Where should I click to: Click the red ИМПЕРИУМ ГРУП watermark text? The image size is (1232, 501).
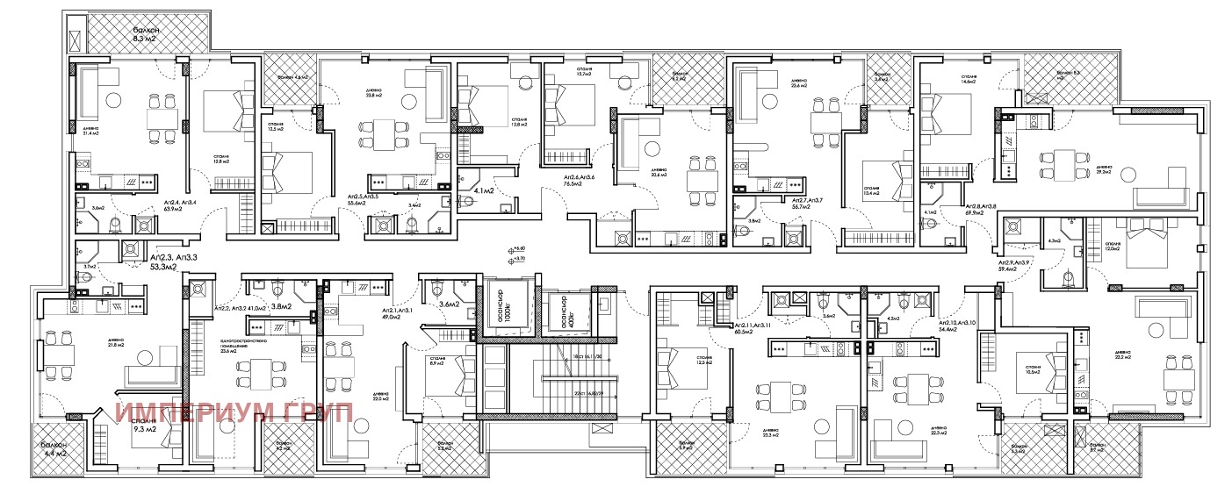tap(235, 412)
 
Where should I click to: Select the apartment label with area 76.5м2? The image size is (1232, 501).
tap(580, 181)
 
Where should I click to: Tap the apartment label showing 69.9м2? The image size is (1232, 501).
tap(982, 209)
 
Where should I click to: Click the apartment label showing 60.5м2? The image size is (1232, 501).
tap(753, 328)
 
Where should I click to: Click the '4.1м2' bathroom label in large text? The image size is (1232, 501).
tap(483, 190)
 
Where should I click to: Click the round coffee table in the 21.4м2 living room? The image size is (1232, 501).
tap(112, 99)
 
